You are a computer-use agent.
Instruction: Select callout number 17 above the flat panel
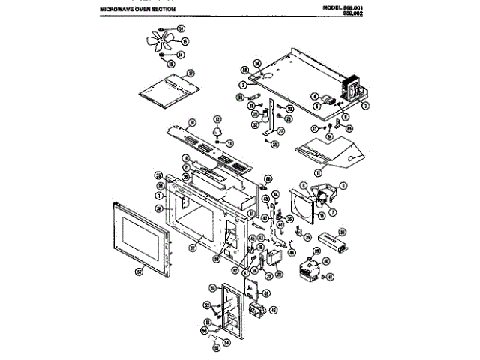tap(190, 73)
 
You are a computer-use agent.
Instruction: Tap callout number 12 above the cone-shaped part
tap(218, 120)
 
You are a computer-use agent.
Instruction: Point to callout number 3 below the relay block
tap(365, 106)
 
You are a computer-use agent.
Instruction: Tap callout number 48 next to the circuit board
tap(271, 310)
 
